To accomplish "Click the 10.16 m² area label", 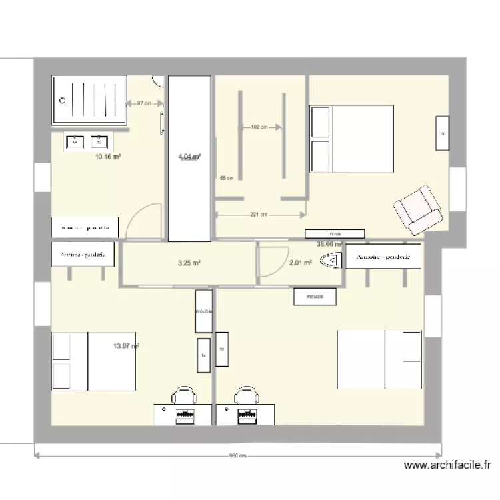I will (108, 157).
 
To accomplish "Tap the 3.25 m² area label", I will (189, 263).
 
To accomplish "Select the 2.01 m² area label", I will (301, 263).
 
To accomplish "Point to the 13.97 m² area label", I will (126, 345).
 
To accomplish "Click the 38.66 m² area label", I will (329, 245).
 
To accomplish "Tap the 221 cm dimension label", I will (259, 215).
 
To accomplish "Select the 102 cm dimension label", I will (259, 127).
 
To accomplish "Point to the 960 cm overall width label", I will (238, 457).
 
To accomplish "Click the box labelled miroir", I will (335, 234).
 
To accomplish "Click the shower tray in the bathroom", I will (89, 100).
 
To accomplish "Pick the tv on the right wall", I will (441, 133).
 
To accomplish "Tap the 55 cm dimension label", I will (227, 178).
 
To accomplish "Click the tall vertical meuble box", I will (203, 311).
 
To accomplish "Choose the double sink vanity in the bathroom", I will (87, 141).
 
